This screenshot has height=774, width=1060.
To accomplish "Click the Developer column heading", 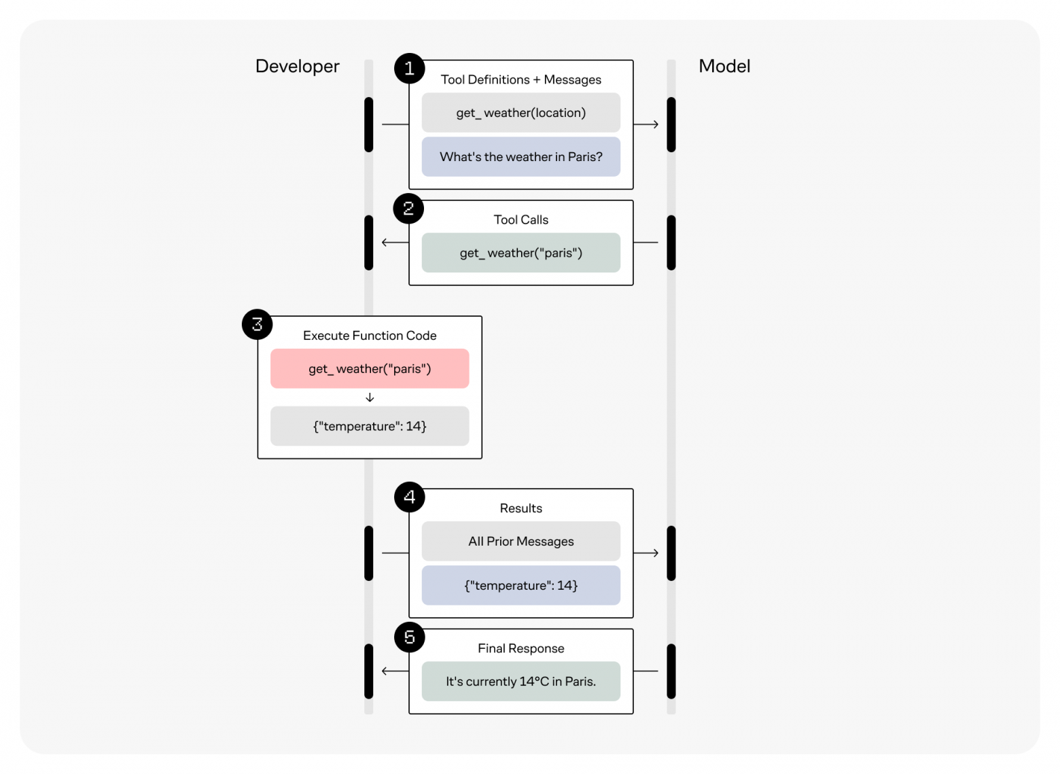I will pos(297,66).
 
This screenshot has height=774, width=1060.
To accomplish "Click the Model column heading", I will pos(724,66).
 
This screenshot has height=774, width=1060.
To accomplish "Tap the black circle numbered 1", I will pos(409,69).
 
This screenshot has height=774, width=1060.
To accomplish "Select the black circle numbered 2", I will pos(408,209).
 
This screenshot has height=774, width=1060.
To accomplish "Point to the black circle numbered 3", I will pos(258,325).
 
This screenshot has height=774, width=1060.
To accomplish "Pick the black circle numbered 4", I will pos(409,497).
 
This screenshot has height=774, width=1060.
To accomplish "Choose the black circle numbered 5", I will pos(409,637).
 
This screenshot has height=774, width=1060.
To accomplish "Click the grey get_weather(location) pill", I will pos(520,113).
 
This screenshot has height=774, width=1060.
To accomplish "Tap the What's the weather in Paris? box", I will pos(520,157).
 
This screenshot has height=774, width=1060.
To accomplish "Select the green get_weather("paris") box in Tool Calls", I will pos(520,253).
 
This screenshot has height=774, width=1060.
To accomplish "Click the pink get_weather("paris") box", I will pos(370,369).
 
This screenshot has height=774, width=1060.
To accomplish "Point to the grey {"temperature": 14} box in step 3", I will pos(370,426).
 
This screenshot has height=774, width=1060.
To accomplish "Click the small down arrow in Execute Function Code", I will pos(370,398).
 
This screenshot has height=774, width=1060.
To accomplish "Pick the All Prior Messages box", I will pos(520,542).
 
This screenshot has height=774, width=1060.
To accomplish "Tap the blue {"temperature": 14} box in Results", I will pos(520,586).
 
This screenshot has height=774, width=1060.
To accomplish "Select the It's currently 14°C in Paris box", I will pos(520,682).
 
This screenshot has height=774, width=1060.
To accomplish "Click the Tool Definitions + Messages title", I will pos(520,80).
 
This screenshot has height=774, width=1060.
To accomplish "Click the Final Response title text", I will pos(520,648).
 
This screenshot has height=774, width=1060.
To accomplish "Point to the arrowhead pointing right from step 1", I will pos(655,124).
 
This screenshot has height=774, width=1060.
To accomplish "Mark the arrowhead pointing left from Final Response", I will pos(385,671).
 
